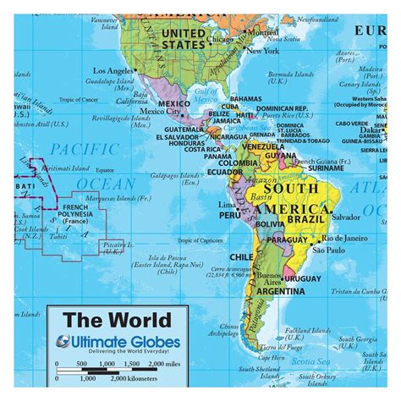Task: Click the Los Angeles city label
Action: (113, 70)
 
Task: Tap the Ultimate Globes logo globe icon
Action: (65, 342)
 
